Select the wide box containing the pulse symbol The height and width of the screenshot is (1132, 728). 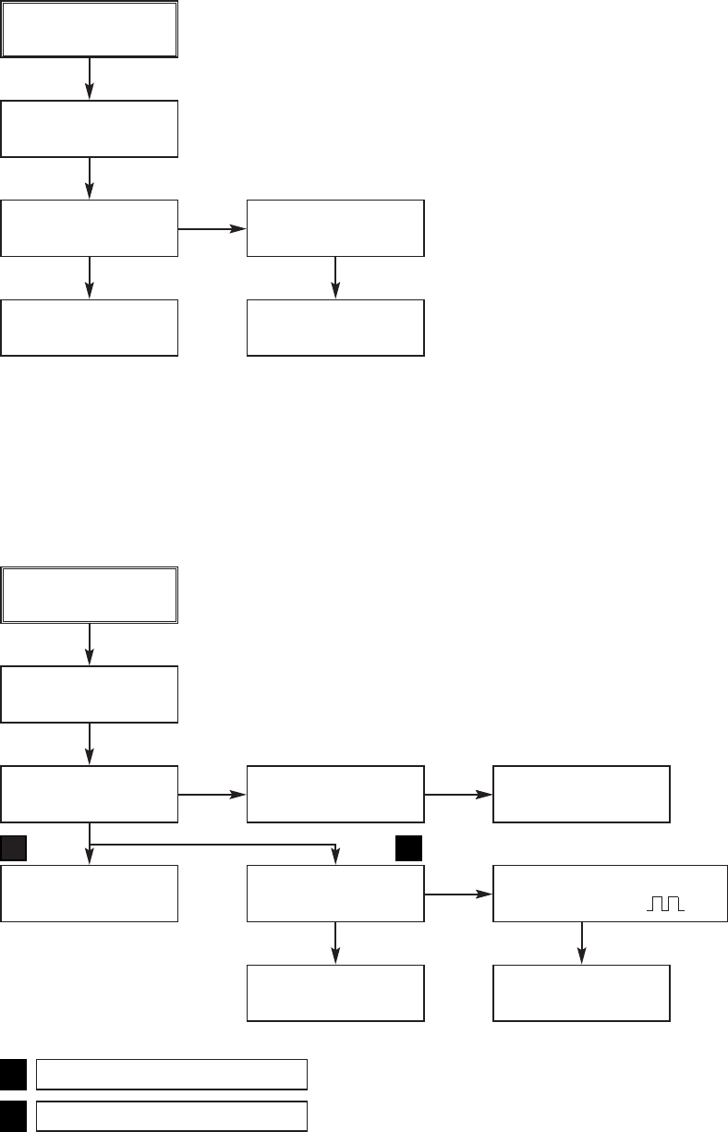coord(610,894)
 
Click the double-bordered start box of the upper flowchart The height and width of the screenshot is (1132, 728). coord(89,30)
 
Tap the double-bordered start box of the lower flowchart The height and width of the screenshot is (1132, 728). coord(89,595)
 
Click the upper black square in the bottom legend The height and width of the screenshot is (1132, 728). coord(13,1075)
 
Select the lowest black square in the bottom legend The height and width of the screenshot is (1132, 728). coord(13,1115)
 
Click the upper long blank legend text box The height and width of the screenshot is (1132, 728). coord(171,1075)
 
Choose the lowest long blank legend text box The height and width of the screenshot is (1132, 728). coord(171,1115)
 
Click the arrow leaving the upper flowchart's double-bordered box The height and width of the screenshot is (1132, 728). coord(90,79)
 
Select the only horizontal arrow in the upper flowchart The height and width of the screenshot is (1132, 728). coord(212,227)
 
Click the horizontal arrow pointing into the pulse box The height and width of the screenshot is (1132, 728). coord(458,895)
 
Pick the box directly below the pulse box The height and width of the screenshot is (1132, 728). coord(581,993)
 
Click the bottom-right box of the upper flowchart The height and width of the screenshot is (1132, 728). coord(335,327)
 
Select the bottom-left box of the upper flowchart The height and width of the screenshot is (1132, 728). coord(89,327)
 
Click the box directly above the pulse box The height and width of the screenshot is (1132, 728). coord(581,794)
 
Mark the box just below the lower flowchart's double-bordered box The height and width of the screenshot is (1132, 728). coord(89,694)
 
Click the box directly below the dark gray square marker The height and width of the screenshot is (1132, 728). coord(89,894)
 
